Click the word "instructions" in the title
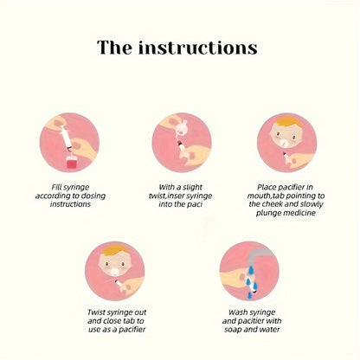198,48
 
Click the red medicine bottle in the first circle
71,163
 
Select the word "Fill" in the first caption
57,187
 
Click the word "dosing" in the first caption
93,196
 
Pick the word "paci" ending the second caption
196,204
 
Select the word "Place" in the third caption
267,187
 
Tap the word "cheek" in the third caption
272,204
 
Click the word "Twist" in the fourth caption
96,312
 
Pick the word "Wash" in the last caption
237,312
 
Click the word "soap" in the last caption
233,330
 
